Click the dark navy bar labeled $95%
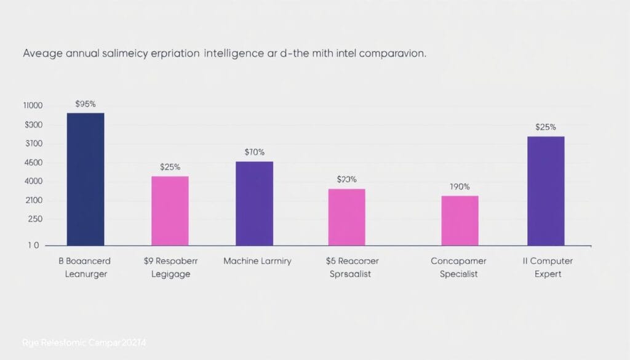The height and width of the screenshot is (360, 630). point(86,179)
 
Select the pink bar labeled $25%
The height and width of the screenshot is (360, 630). point(170,211)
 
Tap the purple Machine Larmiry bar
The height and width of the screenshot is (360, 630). point(255,204)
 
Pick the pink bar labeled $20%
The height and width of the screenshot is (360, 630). point(346,217)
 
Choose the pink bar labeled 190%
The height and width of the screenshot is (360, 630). point(460,221)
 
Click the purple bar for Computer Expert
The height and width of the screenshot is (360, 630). point(546,191)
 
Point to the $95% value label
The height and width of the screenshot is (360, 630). point(85,104)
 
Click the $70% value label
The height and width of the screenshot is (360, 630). point(254,151)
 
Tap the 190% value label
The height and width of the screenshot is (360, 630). point(459,186)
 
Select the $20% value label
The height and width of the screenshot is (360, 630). point(347,179)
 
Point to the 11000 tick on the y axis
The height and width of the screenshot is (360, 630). point(33,106)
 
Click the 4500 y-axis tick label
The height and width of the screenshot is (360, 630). point(33,163)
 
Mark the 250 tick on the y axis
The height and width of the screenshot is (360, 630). point(34,219)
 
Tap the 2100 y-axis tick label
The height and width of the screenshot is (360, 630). point(33,201)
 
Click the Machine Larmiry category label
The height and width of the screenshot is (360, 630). point(257,261)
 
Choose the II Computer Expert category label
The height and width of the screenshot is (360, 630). point(547,267)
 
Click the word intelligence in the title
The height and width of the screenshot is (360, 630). point(239,54)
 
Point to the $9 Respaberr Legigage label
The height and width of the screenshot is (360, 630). point(171,267)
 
